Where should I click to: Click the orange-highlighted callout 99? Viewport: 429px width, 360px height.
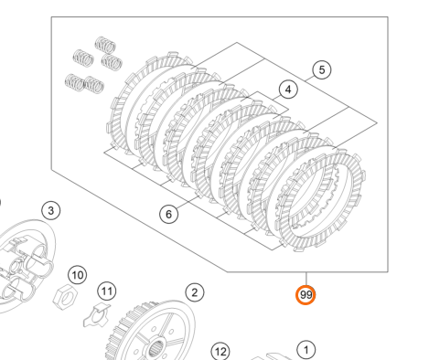click(306, 295)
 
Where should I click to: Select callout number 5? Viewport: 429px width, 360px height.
click(322, 69)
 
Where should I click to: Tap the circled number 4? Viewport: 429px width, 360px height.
click(288, 90)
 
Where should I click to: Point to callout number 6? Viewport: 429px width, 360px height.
click(168, 214)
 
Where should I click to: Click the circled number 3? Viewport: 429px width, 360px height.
click(51, 210)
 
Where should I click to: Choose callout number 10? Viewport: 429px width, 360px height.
click(78, 275)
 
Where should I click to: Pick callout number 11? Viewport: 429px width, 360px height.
click(107, 291)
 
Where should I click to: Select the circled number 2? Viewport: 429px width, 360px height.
click(195, 292)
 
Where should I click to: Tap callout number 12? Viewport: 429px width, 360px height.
click(220, 352)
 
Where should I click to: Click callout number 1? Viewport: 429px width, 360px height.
click(306, 350)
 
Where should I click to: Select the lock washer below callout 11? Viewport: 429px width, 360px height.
click(97, 315)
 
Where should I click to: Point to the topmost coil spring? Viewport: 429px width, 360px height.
click(105, 45)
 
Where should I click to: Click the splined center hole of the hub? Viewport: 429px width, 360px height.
click(156, 349)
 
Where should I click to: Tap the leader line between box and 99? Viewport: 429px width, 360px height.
click(306, 279)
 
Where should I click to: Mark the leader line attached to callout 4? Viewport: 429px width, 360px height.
click(275, 98)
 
